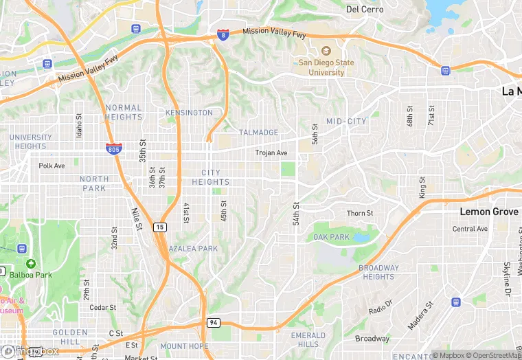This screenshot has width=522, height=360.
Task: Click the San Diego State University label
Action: pos(326,67)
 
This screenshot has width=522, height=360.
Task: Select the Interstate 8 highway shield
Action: pos(223,34)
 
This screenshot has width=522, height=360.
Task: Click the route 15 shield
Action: pos(159,227)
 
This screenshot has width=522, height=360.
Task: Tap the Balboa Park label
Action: pos(34,275)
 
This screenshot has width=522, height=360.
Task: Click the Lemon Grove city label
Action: pos(489,212)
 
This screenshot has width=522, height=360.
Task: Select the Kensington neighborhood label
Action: pos(189,113)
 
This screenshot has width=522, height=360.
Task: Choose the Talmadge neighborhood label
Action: pos(258,133)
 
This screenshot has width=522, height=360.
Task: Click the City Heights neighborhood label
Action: pos(211,177)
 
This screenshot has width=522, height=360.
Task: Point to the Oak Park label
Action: pos(331,237)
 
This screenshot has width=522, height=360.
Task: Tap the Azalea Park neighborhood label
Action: pos(193,249)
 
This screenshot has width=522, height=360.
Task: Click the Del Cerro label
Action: pos(363,10)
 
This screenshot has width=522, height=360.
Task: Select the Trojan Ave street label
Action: pos(271,153)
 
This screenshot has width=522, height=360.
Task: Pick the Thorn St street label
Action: pos(360,214)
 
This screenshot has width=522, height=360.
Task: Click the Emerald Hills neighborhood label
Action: pos(308,339)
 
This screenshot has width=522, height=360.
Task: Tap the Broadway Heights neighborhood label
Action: pos(378,272)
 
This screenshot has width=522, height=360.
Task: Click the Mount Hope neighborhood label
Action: pos(184,346)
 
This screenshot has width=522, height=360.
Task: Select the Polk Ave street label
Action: pos(52,166)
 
